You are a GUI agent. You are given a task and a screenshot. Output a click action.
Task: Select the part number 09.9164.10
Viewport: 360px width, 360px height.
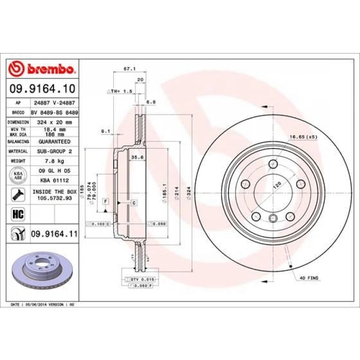pos(43,90)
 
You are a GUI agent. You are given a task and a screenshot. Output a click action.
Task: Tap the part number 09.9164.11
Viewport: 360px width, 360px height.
pos(55,235)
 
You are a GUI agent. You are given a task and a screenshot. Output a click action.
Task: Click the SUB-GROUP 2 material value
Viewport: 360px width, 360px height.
pos(54,151)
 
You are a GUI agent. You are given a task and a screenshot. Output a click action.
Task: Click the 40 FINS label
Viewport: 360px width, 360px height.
pos(310,278)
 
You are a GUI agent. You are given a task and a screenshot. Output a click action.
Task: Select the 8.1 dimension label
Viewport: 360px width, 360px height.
pos(106,131)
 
